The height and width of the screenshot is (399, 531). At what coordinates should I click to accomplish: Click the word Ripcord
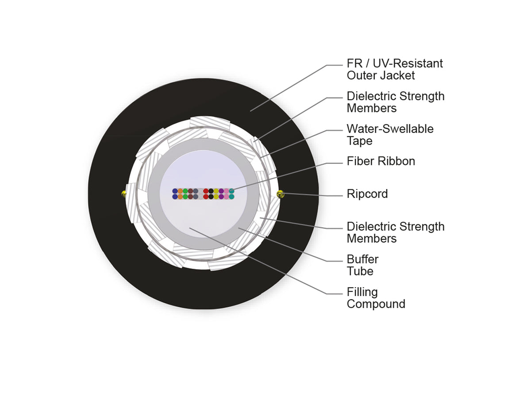pos(367,194)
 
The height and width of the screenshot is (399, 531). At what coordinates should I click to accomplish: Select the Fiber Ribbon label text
pos(381,161)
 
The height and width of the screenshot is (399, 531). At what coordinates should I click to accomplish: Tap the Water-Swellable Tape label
pos(390,135)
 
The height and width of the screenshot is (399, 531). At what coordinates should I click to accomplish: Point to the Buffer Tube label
pos(362,265)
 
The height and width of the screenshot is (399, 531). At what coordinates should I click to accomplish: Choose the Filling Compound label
pos(376,298)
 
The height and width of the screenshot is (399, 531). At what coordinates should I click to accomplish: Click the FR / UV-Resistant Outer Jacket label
pos(395,69)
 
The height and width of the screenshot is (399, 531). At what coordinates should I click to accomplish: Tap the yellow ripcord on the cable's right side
pos(280,194)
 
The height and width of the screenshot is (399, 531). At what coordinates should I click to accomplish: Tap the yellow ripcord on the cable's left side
pos(123,194)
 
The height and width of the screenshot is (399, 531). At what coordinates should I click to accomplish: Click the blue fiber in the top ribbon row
pos(175,191)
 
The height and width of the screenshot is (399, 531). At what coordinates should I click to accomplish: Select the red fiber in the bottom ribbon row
pos(206,196)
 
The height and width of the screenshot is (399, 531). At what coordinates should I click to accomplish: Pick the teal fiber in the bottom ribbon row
pos(231,196)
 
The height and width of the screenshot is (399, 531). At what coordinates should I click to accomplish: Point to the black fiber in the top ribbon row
pos(211,191)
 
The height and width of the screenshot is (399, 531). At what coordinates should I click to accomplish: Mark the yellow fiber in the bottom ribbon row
pos(216,196)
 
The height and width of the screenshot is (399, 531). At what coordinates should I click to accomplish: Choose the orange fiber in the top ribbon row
pos(180,191)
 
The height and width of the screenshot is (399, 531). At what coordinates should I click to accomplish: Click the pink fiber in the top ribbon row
pos(227,191)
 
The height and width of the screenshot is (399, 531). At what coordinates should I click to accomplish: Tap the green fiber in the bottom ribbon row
pos(185,196)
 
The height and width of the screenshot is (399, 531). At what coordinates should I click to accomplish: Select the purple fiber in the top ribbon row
pos(221,191)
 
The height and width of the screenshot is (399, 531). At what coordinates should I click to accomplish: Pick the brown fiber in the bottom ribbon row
pos(190,196)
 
